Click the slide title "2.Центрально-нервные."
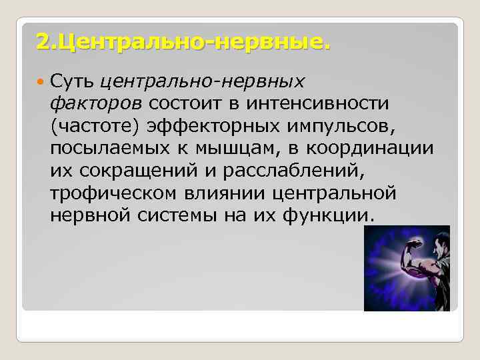click(x=183, y=43)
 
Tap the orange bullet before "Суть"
click(x=41, y=81)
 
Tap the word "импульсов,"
click(x=349, y=126)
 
